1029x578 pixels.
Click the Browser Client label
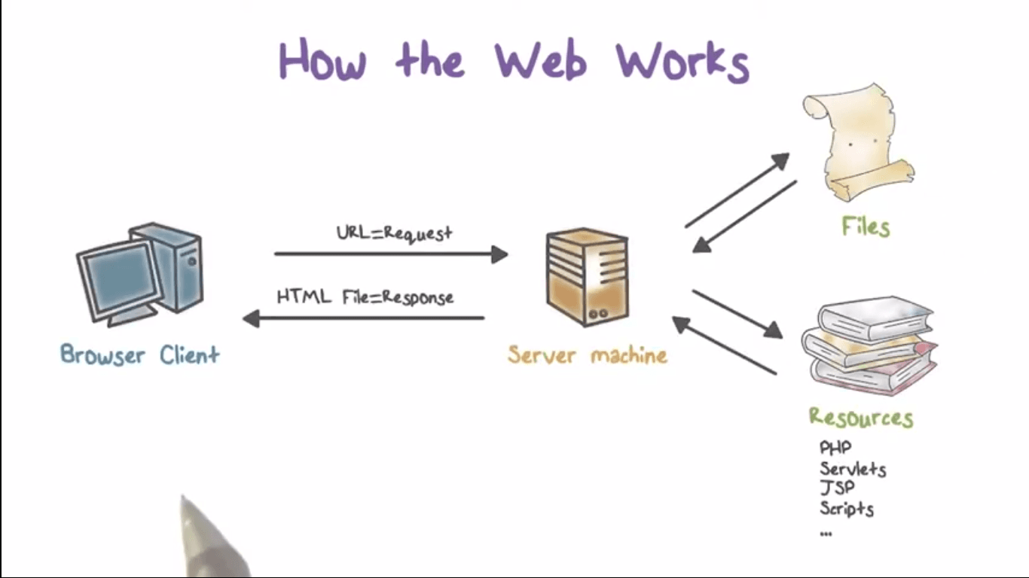click(x=139, y=354)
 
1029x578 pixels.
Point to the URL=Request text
click(x=394, y=233)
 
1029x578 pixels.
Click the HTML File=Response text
click(x=365, y=297)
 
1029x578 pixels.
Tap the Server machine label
click(x=587, y=354)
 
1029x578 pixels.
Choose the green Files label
click(x=866, y=227)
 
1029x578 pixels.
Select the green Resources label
click(x=860, y=417)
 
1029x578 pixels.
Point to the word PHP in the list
click(x=835, y=449)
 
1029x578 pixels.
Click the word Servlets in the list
click(x=853, y=469)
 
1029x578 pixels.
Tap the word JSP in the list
click(x=837, y=488)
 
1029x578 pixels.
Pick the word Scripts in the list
click(x=847, y=509)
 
